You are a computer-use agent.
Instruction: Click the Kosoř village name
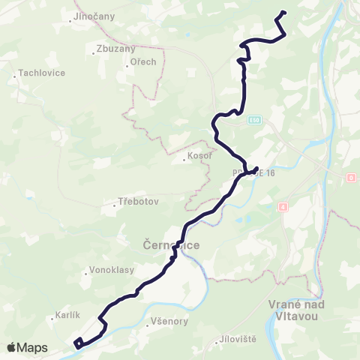click(199, 158)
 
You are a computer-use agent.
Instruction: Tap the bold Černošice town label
click(171, 245)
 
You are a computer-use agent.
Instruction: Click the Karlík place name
click(67, 316)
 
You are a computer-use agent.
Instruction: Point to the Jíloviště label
click(238, 339)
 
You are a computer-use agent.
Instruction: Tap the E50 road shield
click(255, 119)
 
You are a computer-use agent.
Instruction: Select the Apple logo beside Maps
click(12, 347)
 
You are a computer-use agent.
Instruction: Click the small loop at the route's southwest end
click(79, 343)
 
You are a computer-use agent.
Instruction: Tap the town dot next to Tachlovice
click(15, 73)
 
